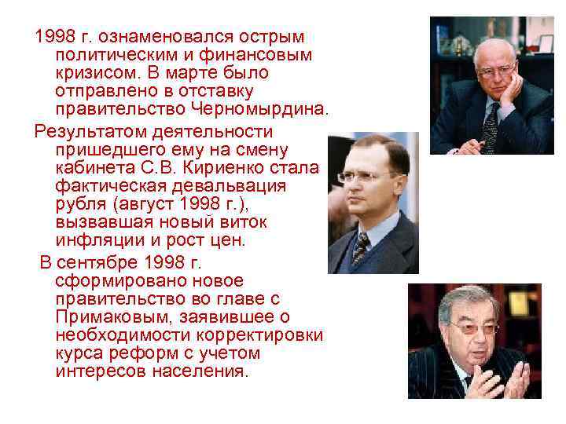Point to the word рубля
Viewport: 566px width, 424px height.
[x=79, y=204]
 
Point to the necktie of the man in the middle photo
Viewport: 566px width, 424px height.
[x=361, y=250]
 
